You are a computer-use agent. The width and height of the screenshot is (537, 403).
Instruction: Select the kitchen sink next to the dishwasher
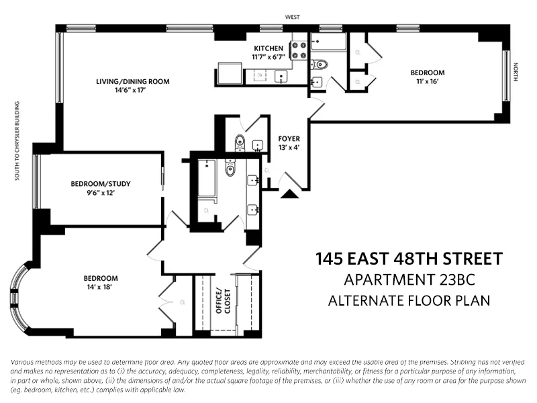[x=281, y=76]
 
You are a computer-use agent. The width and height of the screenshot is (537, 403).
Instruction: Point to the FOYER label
[x=289, y=139]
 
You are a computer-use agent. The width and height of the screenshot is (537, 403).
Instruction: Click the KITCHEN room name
[x=269, y=48]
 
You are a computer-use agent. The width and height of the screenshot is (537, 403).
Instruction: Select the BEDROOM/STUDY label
[x=100, y=183]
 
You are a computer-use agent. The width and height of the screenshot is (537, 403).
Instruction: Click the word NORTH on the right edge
[x=516, y=72]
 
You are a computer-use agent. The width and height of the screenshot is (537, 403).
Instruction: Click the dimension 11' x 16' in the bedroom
[x=428, y=82]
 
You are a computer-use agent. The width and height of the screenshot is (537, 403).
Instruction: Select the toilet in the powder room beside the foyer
[x=239, y=142]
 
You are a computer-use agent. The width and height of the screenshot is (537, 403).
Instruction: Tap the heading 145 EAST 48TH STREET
[x=409, y=259]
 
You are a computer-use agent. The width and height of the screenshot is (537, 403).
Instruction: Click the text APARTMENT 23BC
[x=409, y=279]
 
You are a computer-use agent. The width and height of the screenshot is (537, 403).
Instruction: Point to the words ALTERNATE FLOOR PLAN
[x=409, y=300]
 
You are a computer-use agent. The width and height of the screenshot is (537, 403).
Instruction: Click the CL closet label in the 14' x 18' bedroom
[x=182, y=302]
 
